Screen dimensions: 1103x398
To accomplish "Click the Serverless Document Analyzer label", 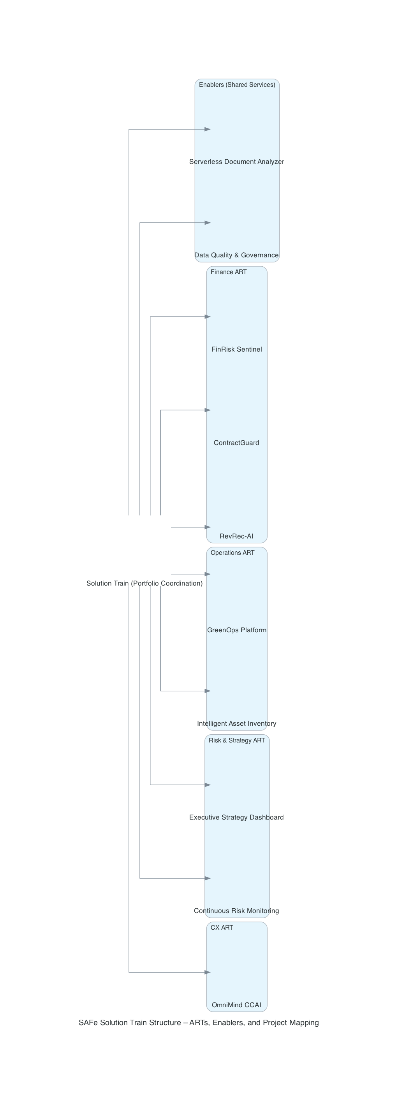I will coord(236,162).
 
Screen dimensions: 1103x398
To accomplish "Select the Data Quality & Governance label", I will coord(236,255).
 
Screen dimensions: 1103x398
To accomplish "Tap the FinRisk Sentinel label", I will coord(236,349).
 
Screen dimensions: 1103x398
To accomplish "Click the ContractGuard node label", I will coord(236,443).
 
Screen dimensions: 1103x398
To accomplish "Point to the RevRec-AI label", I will coord(236,536).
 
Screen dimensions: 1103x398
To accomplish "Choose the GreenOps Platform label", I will coord(236,630).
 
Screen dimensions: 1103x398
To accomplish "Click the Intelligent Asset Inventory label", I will coord(236,723).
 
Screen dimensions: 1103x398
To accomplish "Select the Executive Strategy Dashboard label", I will coord(236,817).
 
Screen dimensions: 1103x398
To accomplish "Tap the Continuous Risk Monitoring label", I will coord(236,911).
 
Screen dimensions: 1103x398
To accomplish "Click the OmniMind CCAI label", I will coord(236,1004).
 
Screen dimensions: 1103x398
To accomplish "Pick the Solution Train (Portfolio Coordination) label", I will coord(144,583).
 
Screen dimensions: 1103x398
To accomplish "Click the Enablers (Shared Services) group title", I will coord(237,85).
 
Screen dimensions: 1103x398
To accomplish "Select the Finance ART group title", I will coord(228,272).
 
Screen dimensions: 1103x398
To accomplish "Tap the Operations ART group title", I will coord(232,553).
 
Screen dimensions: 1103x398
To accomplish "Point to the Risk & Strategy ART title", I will coord(237,740).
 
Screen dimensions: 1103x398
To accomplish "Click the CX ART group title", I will coord(222,927).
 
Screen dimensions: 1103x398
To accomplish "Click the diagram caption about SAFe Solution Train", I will coord(199,1022).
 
